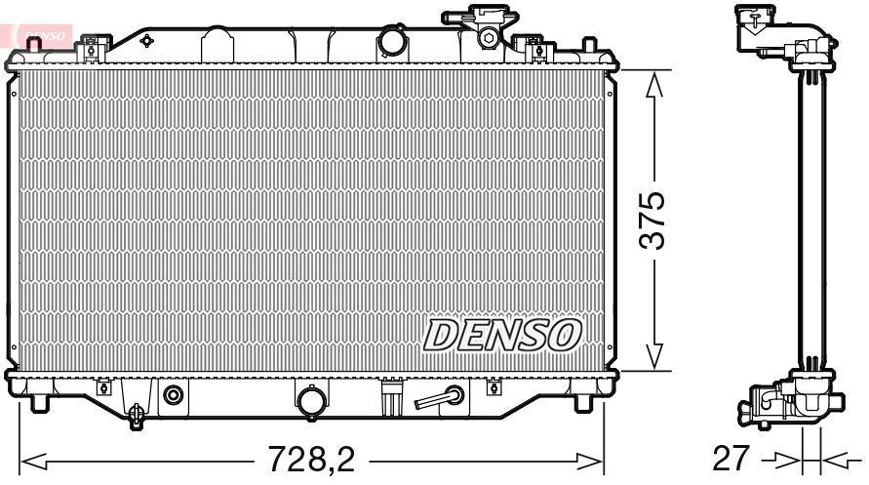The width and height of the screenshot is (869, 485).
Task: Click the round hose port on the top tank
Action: click(x=392, y=42)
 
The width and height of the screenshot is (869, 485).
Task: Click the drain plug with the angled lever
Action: click(x=442, y=397)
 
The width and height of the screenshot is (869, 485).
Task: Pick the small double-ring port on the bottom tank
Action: click(x=174, y=395)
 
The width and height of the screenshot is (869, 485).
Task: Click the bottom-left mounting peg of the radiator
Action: click(x=39, y=401)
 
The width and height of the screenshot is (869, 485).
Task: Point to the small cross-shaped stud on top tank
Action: click(x=146, y=41)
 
